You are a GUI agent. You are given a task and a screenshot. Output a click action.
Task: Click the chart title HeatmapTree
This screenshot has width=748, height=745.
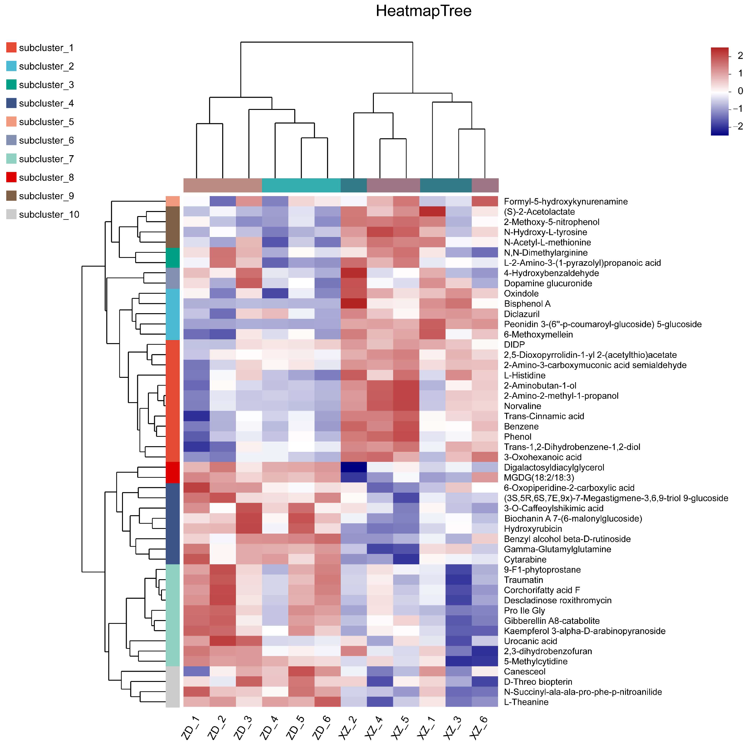[x=423, y=11]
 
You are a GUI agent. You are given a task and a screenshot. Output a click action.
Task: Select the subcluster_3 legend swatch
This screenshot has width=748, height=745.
[x=11, y=84]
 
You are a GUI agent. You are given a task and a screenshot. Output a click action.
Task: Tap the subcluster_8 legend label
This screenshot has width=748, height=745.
[x=46, y=177]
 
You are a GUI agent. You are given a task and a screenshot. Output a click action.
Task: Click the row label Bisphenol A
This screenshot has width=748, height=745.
[x=527, y=304]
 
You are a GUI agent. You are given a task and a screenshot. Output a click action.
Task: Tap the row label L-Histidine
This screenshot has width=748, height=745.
[x=525, y=375]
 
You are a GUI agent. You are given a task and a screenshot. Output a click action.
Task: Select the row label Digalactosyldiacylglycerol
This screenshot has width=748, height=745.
[x=554, y=467]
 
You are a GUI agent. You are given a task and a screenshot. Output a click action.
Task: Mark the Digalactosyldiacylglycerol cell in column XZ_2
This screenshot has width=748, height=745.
[x=354, y=467]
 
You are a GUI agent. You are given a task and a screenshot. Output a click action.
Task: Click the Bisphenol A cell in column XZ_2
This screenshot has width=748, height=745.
[x=354, y=304]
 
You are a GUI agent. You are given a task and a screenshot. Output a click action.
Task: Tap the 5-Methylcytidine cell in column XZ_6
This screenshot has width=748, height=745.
[x=485, y=661]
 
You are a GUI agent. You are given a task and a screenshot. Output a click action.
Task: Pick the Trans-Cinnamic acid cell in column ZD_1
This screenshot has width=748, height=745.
[x=196, y=416]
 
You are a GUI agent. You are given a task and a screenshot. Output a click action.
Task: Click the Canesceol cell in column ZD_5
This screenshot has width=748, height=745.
[x=301, y=672]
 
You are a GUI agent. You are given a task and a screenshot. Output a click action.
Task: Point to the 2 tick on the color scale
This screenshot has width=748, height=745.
[x=740, y=56]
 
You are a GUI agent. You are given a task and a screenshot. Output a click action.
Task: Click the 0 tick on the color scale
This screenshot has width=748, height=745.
[x=740, y=91]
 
